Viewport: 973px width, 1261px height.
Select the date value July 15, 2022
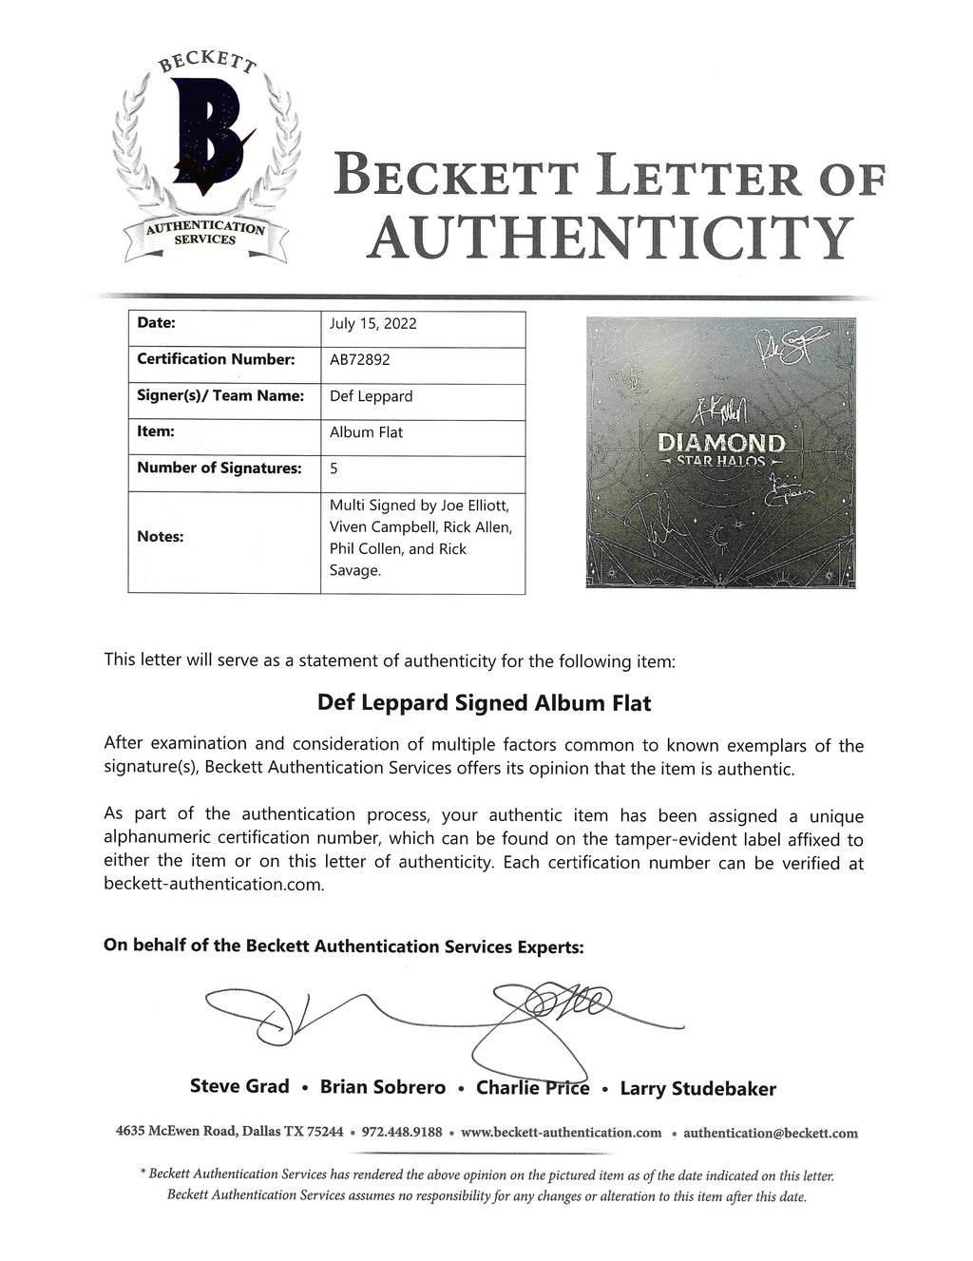tap(372, 323)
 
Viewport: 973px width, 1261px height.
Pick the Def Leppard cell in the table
tap(371, 396)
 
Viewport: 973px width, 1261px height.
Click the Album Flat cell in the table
tap(366, 432)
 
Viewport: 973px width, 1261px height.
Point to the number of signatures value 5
tap(334, 468)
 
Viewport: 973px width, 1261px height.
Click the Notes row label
tap(160, 537)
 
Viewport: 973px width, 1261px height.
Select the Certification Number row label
tap(216, 359)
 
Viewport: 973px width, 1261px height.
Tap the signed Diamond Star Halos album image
tap(721, 452)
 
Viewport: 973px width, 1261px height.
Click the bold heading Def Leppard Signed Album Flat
tap(484, 703)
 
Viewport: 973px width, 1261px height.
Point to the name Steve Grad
tap(239, 1086)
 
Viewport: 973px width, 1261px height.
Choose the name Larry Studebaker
tap(697, 1089)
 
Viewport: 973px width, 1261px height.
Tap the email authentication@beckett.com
tap(770, 1133)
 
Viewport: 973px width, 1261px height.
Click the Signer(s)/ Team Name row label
tap(220, 396)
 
